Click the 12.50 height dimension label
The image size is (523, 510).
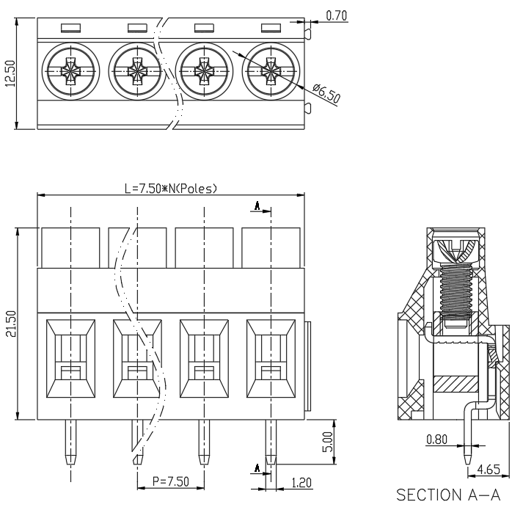11,73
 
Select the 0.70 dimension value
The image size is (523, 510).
336,15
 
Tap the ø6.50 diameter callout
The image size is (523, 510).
326,93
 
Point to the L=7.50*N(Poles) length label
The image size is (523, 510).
171,189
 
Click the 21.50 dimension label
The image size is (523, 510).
11,324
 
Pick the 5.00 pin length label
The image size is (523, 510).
328,442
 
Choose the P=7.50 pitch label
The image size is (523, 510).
171,481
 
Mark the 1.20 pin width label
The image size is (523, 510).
301,483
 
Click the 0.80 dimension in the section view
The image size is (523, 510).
436,440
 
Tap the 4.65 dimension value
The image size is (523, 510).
489,470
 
